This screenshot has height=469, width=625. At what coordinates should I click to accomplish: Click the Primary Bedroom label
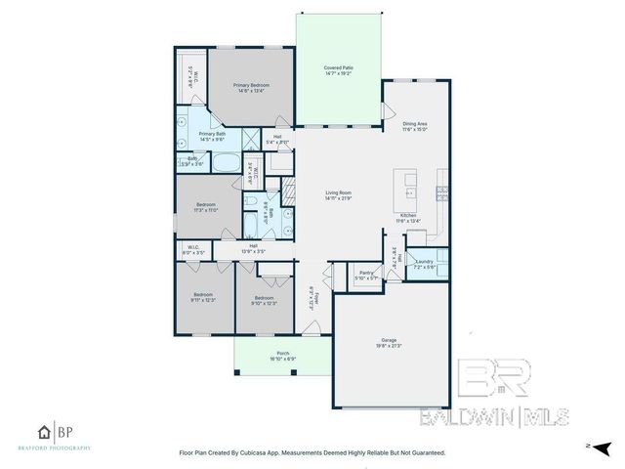click(x=251, y=86)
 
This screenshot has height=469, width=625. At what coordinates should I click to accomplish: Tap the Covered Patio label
click(x=339, y=67)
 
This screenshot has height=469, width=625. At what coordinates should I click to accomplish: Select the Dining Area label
click(x=416, y=123)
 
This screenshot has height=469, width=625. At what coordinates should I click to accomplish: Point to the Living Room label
click(x=339, y=193)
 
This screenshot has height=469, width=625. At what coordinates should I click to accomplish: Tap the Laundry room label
click(x=424, y=261)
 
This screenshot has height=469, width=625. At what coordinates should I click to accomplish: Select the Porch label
click(x=283, y=353)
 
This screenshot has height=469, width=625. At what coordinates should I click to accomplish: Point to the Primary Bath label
click(x=212, y=134)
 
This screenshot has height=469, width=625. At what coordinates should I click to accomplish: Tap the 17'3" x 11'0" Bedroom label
click(x=204, y=207)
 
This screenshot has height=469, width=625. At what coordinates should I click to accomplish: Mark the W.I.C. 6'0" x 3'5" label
click(x=194, y=250)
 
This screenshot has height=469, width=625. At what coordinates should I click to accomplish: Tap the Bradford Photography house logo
click(x=44, y=432)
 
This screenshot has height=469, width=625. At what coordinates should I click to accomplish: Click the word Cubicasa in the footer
click(x=276, y=452)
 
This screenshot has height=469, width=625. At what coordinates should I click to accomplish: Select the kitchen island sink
click(x=410, y=180)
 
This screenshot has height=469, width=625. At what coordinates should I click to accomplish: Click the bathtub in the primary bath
click(x=230, y=161)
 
